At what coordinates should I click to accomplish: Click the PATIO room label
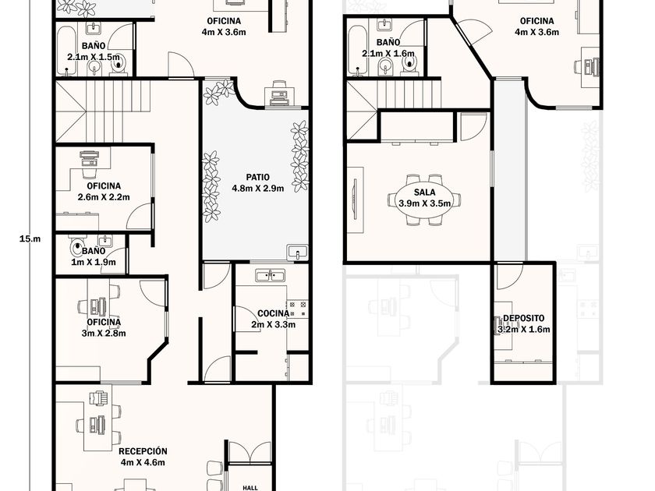click(258, 178)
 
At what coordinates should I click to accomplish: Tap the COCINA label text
click(273, 313)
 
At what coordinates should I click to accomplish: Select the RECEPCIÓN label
click(143, 451)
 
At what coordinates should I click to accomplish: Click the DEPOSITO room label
click(523, 319)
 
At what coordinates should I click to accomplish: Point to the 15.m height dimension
click(30, 239)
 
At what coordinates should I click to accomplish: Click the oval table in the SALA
click(424, 200)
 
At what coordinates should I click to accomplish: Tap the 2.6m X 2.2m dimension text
click(104, 197)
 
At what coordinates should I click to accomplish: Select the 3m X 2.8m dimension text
click(104, 334)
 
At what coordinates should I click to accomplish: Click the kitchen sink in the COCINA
click(271, 276)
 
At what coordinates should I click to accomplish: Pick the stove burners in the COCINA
click(297, 308)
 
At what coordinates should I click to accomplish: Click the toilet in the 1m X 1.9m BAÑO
click(78, 249)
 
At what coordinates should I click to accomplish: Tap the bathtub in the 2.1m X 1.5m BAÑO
click(65, 51)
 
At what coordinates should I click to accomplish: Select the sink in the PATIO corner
click(297, 253)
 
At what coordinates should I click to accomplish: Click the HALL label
click(250, 487)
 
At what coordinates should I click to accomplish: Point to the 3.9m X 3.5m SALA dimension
click(424, 203)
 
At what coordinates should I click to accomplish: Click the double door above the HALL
click(250, 452)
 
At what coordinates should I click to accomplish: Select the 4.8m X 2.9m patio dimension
click(258, 189)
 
